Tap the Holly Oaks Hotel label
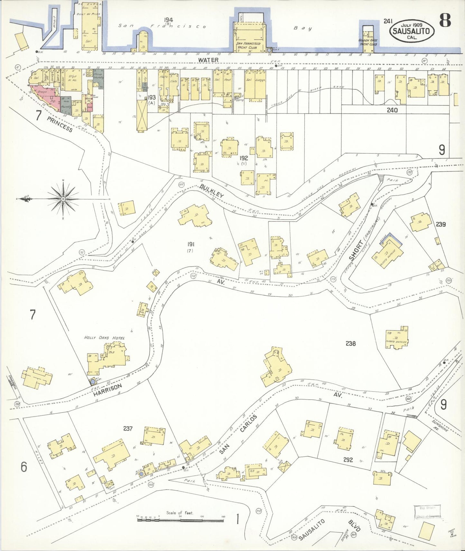[x=104, y=338]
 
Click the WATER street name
[x=208, y=60]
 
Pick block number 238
[x=350, y=344]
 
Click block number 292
[x=348, y=460]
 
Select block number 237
[x=128, y=429]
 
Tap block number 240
[x=392, y=110]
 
